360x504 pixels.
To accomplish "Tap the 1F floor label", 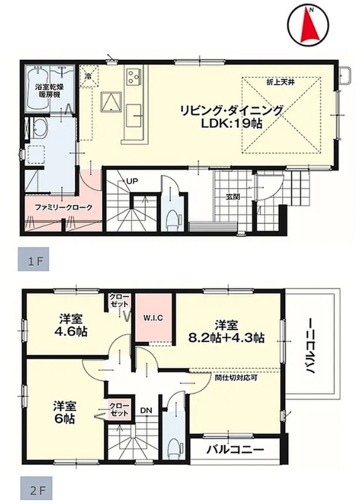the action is coord(35,261).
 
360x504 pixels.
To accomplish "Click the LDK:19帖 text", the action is coord(231,123).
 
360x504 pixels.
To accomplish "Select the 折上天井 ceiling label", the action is coord(281,83).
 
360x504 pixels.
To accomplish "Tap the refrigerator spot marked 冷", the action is coord(88,76).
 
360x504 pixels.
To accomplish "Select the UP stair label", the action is coord(132,181).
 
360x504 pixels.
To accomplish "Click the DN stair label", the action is coord(146,411).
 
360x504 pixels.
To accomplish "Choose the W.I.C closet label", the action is coord(153,318).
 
